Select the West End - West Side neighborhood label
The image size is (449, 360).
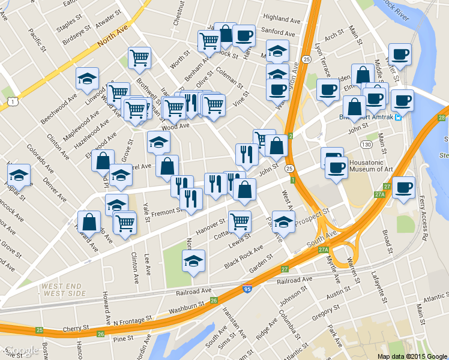[x=66, y=290]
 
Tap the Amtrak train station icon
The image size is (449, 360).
[x=397, y=117]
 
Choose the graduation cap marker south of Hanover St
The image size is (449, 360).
[x=193, y=261]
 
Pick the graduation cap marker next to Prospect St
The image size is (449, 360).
[x=283, y=222]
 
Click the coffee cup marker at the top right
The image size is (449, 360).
[x=400, y=55]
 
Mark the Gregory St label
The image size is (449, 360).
[x=326, y=311]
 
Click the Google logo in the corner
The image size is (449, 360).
[x=21, y=350]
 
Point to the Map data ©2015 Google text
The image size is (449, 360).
[x=412, y=356]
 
